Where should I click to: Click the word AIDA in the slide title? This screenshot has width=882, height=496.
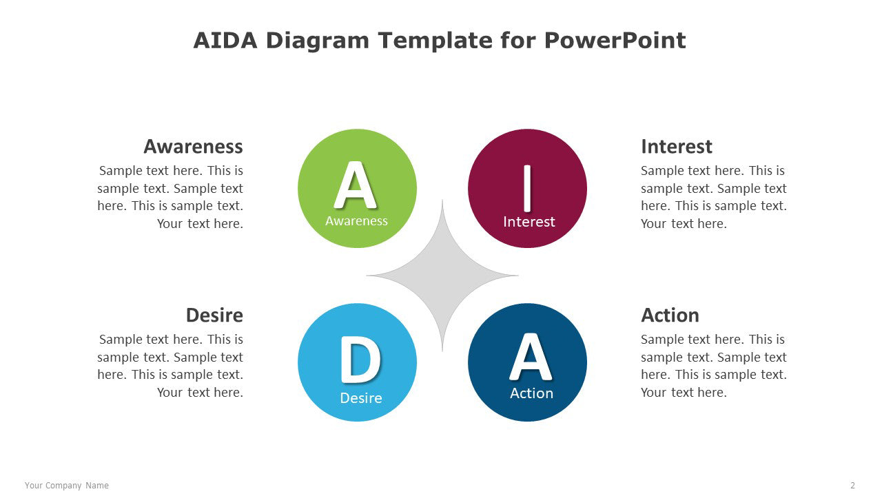click(x=225, y=40)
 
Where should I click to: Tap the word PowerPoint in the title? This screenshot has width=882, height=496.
click(x=615, y=40)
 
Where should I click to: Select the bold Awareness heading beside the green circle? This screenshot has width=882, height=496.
click(x=193, y=147)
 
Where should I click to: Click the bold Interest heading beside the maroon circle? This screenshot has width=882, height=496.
click(x=677, y=147)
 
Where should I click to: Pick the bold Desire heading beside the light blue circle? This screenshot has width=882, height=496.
click(x=214, y=316)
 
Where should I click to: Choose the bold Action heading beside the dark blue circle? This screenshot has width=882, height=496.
click(x=670, y=316)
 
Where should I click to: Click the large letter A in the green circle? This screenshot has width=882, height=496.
click(x=356, y=185)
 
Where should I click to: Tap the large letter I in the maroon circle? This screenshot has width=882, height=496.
click(x=527, y=188)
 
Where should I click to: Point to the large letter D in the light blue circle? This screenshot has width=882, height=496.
click(x=360, y=360)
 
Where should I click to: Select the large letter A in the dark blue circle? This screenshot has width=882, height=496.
click(x=531, y=357)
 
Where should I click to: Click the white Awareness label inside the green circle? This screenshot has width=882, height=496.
click(x=356, y=221)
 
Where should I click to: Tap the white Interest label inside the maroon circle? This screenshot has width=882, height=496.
click(x=529, y=222)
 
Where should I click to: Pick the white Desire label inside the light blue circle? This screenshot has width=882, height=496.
click(x=360, y=398)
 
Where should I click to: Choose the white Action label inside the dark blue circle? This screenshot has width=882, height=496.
click(x=531, y=393)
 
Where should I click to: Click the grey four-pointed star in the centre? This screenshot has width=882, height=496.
click(x=442, y=276)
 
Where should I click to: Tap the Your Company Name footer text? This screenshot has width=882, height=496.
click(x=67, y=486)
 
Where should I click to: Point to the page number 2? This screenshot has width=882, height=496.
click(x=852, y=486)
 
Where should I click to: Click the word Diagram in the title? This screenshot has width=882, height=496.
click(x=318, y=41)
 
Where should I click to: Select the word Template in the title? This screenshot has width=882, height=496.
click(x=435, y=41)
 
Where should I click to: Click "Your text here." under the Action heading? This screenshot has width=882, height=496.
click(x=684, y=393)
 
